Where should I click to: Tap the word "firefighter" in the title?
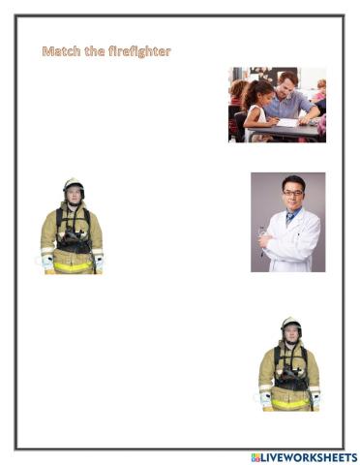pos(138,51)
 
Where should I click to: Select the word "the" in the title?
pos(95,51)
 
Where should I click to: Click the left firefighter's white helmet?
pos(72,183)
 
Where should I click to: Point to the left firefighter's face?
pos(72,196)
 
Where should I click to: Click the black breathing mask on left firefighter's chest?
pos(73,235)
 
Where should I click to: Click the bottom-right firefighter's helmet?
pos(289,323)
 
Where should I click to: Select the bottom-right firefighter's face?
pos(289,334)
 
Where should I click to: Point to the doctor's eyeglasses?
pos(292,194)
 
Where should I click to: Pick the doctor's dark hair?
pos(292,181)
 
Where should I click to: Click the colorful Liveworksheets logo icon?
pos(256,456)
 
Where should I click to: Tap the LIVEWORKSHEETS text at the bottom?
pos(310,456)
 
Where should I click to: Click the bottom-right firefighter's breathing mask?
pos(289,373)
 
